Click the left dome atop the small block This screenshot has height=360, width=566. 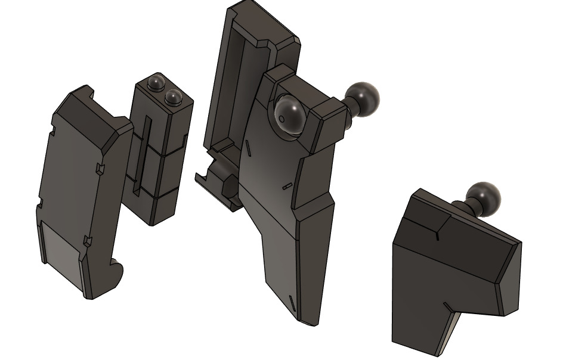coord(157,81)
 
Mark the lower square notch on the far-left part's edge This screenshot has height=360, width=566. coord(88,241)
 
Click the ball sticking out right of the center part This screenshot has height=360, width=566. coord(363,98)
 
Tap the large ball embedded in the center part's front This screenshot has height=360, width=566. coord(290,113)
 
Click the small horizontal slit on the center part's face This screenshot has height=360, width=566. coord(287,186)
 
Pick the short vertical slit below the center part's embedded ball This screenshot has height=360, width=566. coord(246,146)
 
